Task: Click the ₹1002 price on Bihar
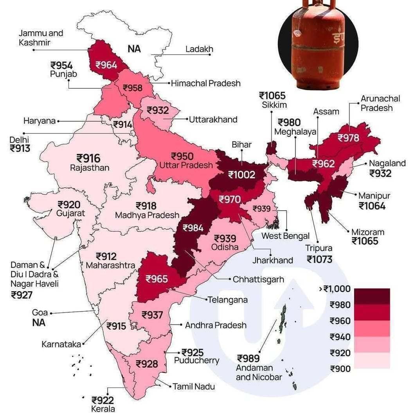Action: click(241, 175)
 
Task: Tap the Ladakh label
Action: click(199, 49)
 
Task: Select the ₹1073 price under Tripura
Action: click(319, 259)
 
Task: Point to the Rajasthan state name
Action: click(90, 168)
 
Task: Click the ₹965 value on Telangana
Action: click(157, 279)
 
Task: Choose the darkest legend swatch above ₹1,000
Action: click(372, 296)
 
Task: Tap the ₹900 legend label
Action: click(340, 369)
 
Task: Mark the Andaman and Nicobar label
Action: click(259, 373)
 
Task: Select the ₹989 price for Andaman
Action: click(248, 359)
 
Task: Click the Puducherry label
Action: click(196, 360)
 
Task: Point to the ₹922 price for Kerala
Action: click(103, 400)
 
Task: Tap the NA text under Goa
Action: click(39, 323)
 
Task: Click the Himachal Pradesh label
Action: click(205, 83)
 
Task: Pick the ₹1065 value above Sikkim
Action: click(272, 96)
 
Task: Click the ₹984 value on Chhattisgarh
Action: click(193, 228)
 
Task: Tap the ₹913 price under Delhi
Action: click(21, 149)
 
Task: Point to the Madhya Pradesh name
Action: click(147, 215)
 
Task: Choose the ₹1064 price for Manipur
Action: click(372, 206)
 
